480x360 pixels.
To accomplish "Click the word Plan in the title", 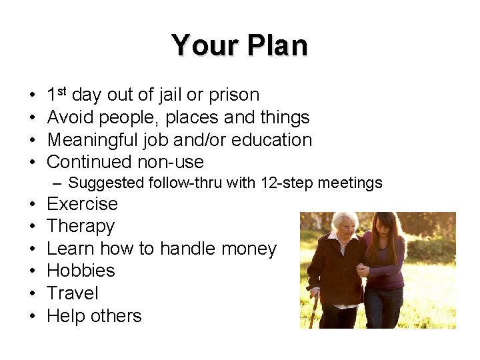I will point(277,46).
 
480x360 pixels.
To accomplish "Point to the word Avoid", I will point(71,117).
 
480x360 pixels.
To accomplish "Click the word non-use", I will point(171,162).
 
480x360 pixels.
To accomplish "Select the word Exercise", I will point(82,204).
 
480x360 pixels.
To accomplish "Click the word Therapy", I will point(81,227).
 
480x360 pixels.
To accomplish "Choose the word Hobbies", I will point(81,271).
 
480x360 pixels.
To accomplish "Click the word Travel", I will point(73,293).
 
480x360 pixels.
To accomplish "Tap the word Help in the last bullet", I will point(67,316).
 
